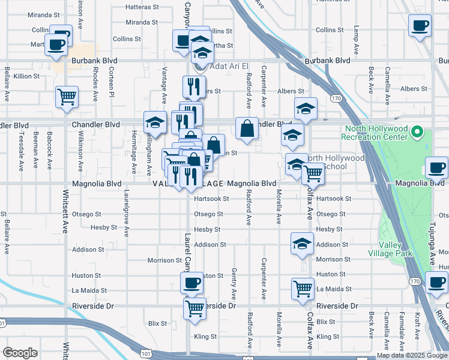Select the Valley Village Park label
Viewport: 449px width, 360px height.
click(396, 250)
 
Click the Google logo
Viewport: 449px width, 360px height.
click(20, 353)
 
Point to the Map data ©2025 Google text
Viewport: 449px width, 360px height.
click(412, 355)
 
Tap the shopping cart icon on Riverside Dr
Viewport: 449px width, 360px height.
click(194, 308)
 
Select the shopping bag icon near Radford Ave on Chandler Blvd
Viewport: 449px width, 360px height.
click(247, 128)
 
